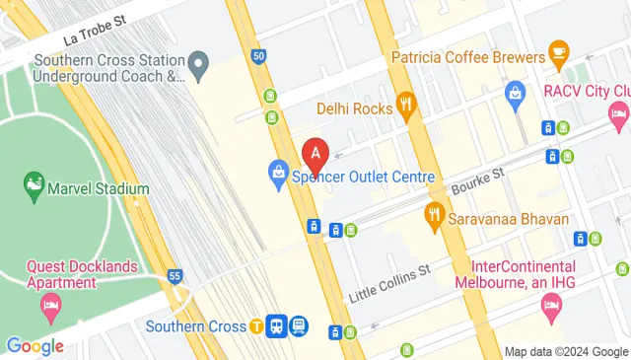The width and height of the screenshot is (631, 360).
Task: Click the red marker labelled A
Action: tap(315, 154)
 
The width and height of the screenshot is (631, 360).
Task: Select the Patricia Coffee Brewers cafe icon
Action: tap(558, 49)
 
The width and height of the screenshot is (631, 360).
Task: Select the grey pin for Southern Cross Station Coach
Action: tap(198, 68)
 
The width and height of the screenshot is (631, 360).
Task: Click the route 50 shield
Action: tap(258, 57)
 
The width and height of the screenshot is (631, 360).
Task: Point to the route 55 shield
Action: tap(175, 276)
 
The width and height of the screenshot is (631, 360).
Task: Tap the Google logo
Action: tap(34, 346)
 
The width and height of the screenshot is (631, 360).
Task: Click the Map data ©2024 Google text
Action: tap(566, 351)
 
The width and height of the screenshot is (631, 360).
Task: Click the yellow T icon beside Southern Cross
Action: tap(256, 325)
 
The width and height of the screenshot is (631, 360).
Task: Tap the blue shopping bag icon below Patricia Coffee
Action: tap(514, 94)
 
